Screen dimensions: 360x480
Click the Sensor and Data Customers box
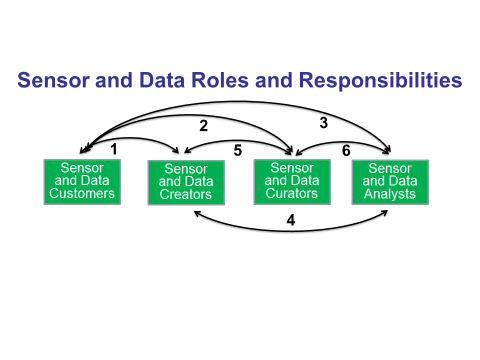[82, 180]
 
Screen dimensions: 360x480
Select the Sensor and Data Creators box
[186, 182]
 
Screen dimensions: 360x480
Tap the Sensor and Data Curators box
[287, 180]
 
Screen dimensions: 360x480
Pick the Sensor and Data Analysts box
[389, 180]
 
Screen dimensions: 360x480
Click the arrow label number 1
[114, 148]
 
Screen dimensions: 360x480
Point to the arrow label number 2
[203, 126]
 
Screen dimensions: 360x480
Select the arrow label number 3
[323, 123]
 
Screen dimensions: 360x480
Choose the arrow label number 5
[237, 151]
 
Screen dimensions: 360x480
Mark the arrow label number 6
[345, 150]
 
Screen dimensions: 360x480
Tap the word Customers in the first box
[82, 193]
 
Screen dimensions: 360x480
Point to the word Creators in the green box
[186, 195]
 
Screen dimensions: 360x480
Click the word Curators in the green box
[287, 193]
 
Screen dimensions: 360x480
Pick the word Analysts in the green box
[389, 193]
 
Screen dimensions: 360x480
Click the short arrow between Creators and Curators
[237, 142]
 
